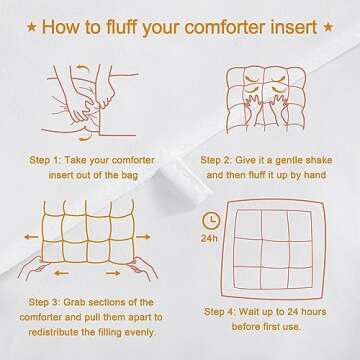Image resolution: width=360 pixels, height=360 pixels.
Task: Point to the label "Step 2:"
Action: (218, 158)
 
